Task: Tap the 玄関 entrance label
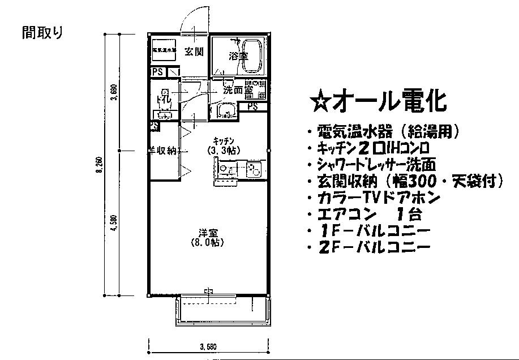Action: tap(194, 52)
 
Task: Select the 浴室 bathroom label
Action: tap(238, 57)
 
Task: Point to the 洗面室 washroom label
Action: tap(237, 89)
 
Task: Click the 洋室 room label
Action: tap(208, 232)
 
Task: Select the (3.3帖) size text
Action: tap(223, 151)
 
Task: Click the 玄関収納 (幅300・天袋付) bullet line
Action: tap(405, 182)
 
